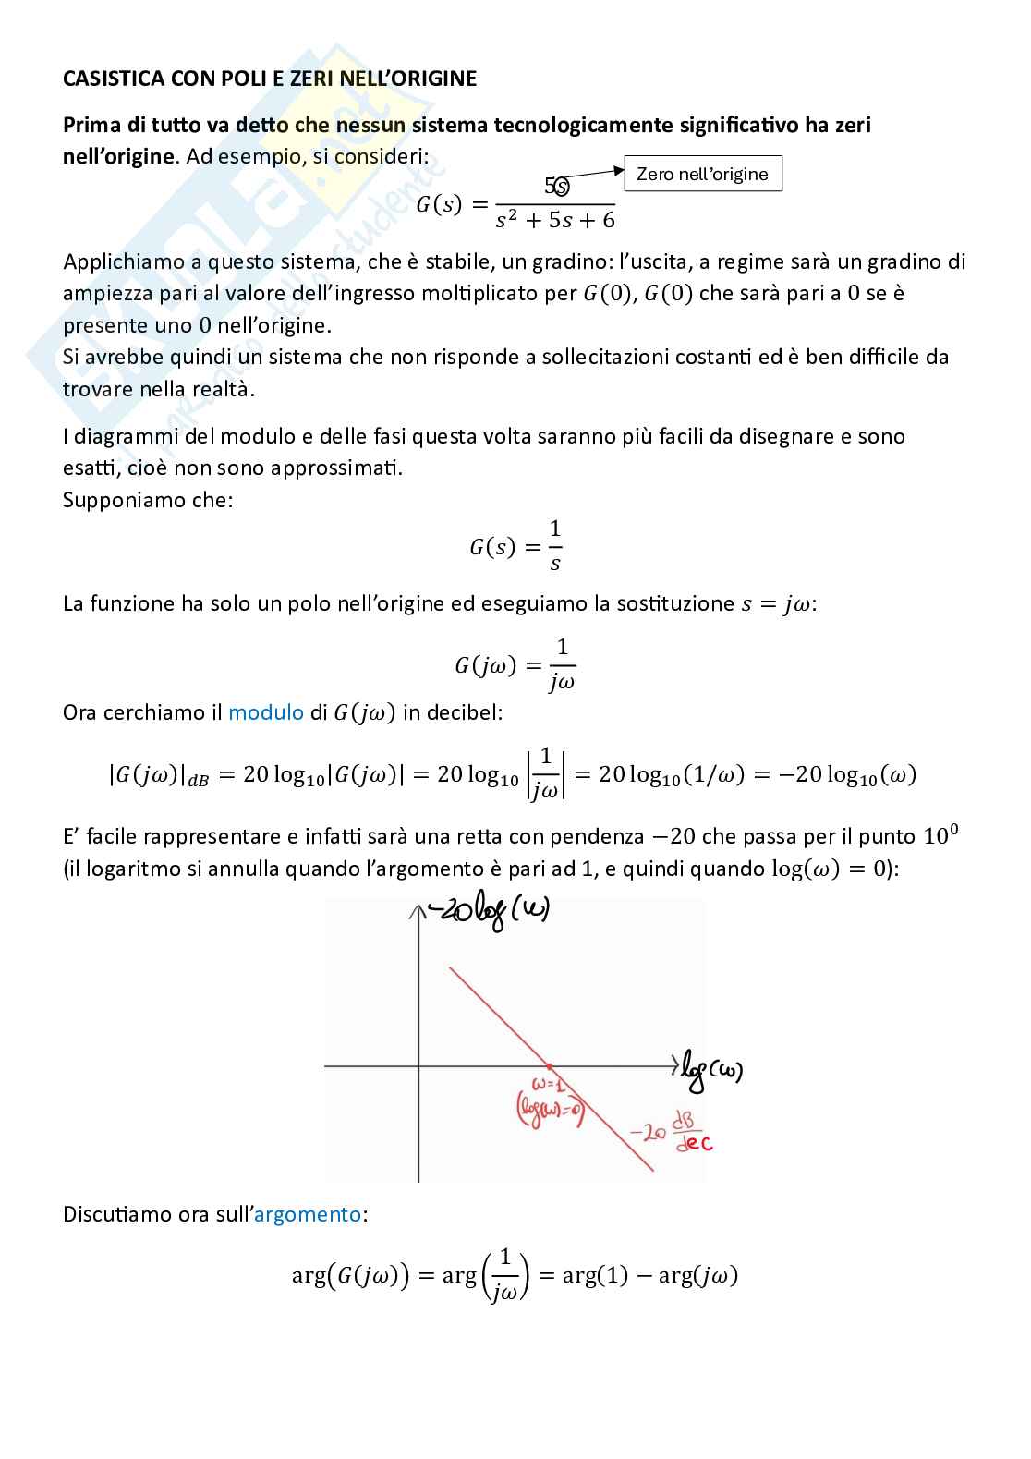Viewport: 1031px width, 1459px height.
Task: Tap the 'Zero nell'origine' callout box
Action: [702, 174]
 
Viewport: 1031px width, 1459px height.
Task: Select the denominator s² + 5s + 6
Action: [555, 220]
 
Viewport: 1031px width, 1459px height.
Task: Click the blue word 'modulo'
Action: [265, 712]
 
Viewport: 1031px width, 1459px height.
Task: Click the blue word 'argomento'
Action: [308, 1214]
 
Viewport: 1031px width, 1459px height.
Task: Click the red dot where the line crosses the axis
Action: [549, 1066]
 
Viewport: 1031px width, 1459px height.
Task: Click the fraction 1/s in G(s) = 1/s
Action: [555, 545]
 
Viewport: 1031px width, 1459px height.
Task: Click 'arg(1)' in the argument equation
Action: [595, 1276]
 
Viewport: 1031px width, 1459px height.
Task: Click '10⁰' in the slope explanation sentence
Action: [940, 836]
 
